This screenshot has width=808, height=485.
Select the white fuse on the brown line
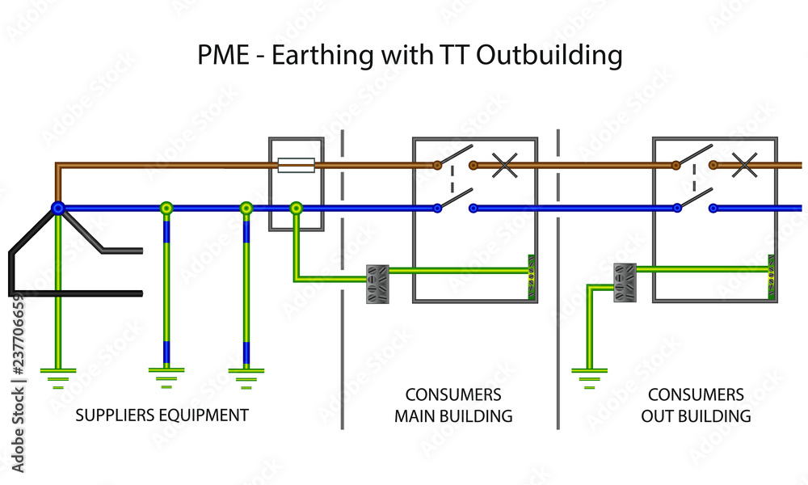tap(295, 166)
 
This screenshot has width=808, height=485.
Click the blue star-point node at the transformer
tap(57, 208)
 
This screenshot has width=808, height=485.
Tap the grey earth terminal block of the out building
tap(625, 283)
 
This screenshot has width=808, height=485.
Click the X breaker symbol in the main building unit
tap(505, 166)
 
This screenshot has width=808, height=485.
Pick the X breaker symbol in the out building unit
tap(743, 166)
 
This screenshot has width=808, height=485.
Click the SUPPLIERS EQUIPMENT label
tap(162, 415)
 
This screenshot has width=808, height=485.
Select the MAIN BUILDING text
tap(453, 416)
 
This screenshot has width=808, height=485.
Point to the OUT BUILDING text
tap(696, 416)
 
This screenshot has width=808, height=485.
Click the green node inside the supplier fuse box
tap(297, 208)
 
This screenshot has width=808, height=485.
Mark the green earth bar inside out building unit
tap(771, 278)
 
